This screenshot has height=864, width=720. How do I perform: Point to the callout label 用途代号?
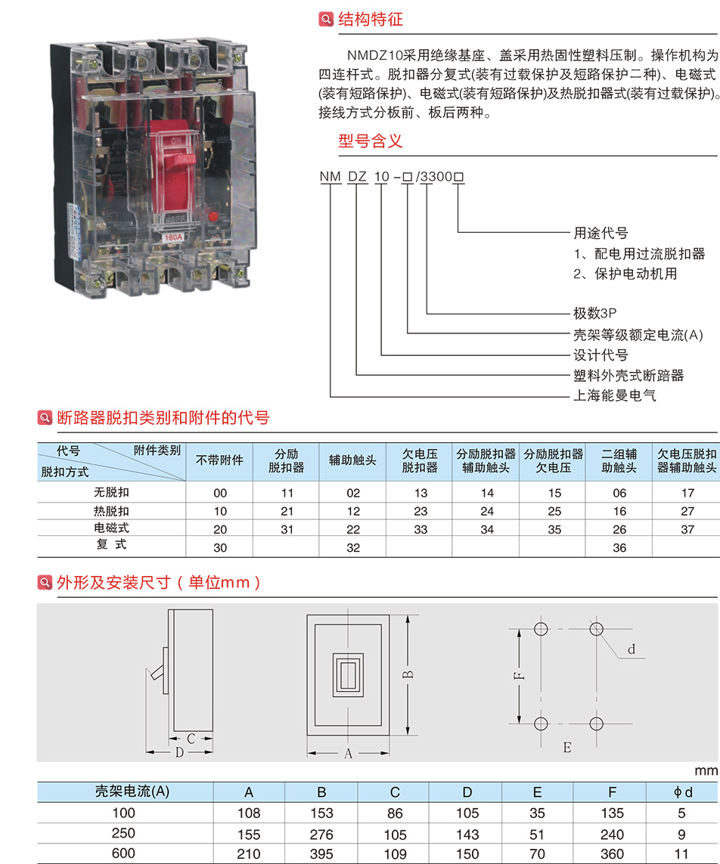click(x=601, y=233)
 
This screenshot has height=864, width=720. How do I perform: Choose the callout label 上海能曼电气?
click(x=615, y=395)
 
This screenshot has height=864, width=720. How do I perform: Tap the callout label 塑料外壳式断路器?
click(x=628, y=376)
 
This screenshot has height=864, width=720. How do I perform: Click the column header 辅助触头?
click(x=353, y=460)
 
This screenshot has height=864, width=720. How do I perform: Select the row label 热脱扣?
click(x=112, y=511)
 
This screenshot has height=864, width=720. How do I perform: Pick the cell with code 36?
click(x=619, y=547)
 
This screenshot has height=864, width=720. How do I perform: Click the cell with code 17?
click(x=687, y=493)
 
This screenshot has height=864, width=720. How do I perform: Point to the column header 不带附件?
click(x=220, y=460)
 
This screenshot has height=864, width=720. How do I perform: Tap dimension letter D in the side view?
click(x=179, y=752)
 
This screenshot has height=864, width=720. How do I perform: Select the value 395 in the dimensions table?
click(x=321, y=854)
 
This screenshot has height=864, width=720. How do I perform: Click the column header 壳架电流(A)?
click(x=132, y=792)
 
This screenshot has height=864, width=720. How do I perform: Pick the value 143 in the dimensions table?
click(x=467, y=835)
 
